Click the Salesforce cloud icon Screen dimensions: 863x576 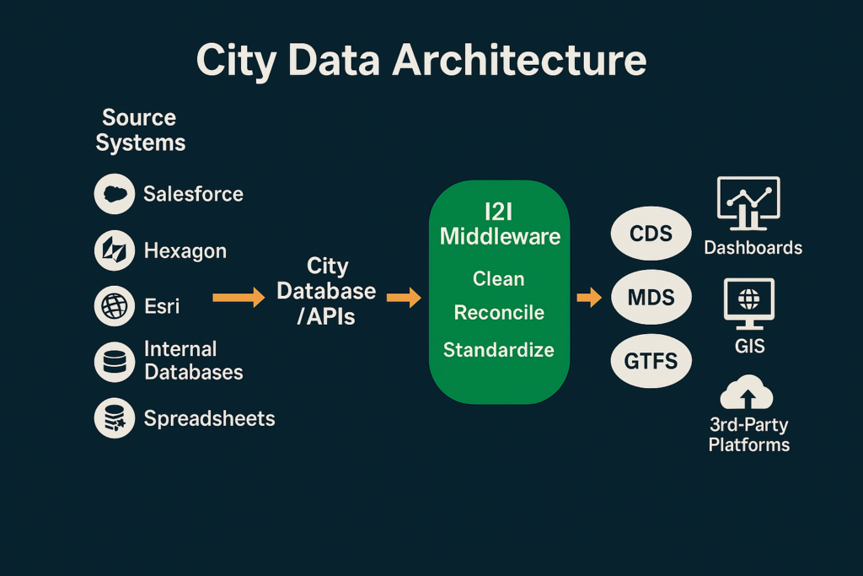click(x=115, y=194)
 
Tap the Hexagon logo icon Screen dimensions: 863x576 click(x=115, y=250)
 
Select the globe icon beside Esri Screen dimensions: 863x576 click(x=115, y=306)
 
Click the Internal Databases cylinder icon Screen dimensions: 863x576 click(x=115, y=362)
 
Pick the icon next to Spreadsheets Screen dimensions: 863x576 click(x=115, y=418)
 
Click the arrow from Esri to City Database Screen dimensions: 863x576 click(x=239, y=298)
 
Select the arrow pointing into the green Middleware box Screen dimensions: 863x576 click(x=404, y=298)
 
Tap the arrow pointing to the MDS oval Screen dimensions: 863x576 click(x=589, y=298)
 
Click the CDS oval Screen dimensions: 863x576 click(x=651, y=234)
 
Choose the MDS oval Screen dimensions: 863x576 click(x=651, y=298)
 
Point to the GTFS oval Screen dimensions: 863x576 click(x=651, y=361)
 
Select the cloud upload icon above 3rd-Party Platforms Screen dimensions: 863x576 click(x=747, y=393)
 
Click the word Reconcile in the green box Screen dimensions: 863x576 click(x=499, y=313)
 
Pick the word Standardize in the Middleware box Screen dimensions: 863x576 click(x=499, y=350)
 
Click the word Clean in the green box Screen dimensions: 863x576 click(x=499, y=278)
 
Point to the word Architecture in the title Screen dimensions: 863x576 click(x=519, y=60)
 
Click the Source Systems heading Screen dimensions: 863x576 click(x=141, y=130)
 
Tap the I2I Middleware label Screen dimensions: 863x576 click(x=500, y=224)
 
